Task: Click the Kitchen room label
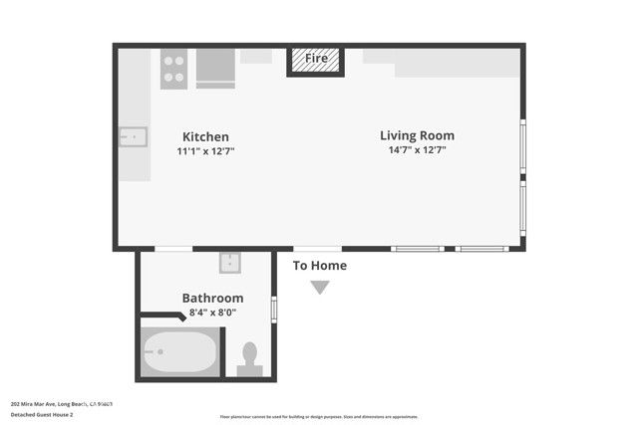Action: (x=205, y=136)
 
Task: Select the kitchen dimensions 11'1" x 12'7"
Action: (x=205, y=151)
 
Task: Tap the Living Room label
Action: (x=417, y=135)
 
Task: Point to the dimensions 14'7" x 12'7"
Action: (x=417, y=150)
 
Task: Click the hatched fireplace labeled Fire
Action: (x=315, y=60)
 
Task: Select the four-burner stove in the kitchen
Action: (x=173, y=69)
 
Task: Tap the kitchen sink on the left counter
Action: (x=133, y=136)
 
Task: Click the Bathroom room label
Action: (x=212, y=298)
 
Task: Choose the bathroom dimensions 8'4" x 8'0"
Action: (x=212, y=312)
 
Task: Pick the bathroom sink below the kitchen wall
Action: (x=231, y=263)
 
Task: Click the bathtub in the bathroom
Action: (x=180, y=351)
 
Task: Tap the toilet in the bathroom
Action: (x=250, y=358)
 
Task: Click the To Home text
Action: (x=319, y=266)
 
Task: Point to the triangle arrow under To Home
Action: (x=319, y=288)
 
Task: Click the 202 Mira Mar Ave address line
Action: (x=61, y=403)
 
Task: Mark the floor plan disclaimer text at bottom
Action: (x=319, y=417)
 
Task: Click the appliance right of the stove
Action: (x=215, y=69)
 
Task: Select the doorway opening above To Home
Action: (x=317, y=248)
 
